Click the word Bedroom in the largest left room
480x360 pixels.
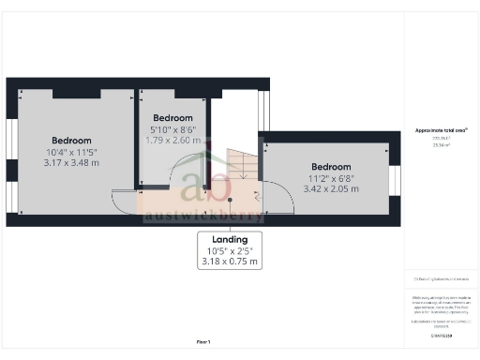pyautogui.click(x=70, y=141)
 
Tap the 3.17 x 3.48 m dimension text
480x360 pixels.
pyautogui.click(x=70, y=163)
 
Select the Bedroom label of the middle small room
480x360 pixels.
pyautogui.click(x=173, y=118)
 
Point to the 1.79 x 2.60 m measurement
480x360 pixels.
pyautogui.click(x=173, y=140)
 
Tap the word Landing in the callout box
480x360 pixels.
pyautogui.click(x=230, y=240)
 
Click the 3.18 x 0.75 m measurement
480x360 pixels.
pyautogui.click(x=230, y=262)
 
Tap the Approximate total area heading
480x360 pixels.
pyautogui.click(x=441, y=129)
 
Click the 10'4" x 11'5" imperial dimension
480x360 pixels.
pyautogui.click(x=70, y=152)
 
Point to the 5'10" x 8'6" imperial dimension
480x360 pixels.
pyautogui.click(x=173, y=129)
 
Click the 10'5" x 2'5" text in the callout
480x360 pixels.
pyautogui.click(x=230, y=251)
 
